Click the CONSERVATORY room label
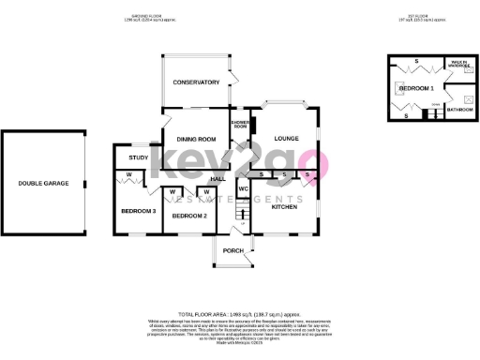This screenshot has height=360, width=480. click(195, 82)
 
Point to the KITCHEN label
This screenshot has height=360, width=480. click(284, 207)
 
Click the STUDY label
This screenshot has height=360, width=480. click(139, 157)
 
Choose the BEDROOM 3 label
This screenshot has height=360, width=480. click(138, 211)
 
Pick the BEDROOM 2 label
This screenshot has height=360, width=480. click(189, 217)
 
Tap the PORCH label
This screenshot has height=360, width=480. click(232, 250)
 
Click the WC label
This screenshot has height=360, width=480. click(243, 188)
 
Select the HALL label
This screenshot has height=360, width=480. click(218, 178)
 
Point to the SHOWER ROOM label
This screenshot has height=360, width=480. click(239, 124)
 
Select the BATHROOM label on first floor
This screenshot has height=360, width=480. click(459, 110)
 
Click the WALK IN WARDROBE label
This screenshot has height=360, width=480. click(459, 63)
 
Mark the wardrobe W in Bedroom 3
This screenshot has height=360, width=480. click(127, 175)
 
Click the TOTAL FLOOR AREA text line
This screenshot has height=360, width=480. click(239, 313)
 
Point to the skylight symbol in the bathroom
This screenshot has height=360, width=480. click(468, 97)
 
